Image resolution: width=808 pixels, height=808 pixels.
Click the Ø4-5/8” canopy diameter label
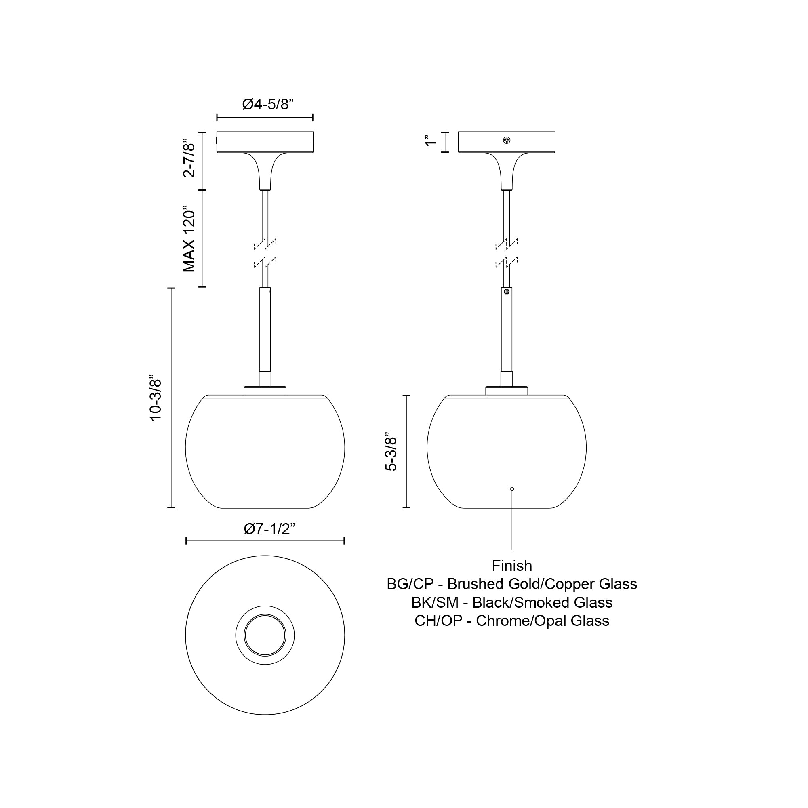[x=268, y=104]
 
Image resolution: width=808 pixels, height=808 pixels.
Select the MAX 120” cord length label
[x=189, y=239]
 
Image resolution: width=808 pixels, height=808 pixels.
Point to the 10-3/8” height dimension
[x=156, y=397]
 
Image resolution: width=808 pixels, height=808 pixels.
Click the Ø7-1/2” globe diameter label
[x=269, y=529]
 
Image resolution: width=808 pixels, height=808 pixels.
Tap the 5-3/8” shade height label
[x=391, y=452]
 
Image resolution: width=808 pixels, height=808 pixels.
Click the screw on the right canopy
[x=507, y=140]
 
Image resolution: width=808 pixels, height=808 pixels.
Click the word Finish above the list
[x=512, y=566]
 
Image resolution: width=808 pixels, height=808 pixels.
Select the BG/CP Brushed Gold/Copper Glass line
[x=512, y=584]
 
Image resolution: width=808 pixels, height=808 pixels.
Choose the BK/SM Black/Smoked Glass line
[x=512, y=603]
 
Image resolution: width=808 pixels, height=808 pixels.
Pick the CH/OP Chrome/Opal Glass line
[x=512, y=621]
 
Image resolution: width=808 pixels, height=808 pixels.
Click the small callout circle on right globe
[x=512, y=489]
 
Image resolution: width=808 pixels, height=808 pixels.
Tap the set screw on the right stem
[x=507, y=292]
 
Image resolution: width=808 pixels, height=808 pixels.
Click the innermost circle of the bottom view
[x=265, y=635]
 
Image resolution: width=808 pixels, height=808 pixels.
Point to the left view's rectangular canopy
[x=265, y=142]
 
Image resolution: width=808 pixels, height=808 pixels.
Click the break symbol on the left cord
[x=265, y=253]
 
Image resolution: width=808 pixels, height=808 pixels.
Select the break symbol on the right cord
[x=507, y=253]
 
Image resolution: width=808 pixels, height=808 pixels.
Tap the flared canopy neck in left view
[x=265, y=171]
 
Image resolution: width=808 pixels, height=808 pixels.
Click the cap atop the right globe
[x=507, y=391]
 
